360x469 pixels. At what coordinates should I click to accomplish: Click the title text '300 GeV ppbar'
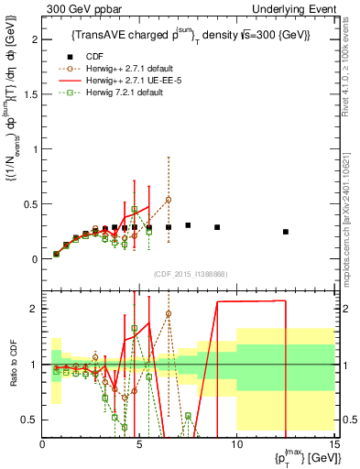[x=80, y=8]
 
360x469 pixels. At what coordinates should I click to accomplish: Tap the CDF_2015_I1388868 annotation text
[x=189, y=274]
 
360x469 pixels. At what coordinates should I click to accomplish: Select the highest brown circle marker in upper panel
[x=169, y=200]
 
